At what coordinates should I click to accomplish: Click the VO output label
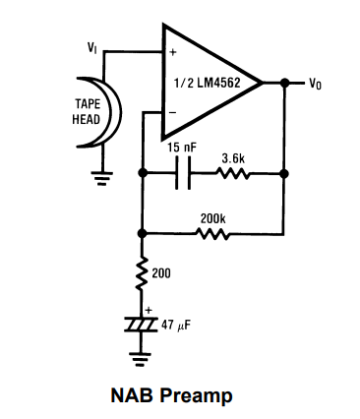(x=315, y=84)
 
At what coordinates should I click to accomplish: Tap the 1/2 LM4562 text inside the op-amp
(x=210, y=83)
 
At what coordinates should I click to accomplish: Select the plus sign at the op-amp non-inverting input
(x=173, y=52)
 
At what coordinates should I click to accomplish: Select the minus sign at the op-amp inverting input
(x=173, y=114)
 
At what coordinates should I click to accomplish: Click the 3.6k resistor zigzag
(x=233, y=175)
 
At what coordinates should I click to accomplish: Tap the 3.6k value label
(x=234, y=156)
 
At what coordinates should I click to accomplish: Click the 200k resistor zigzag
(x=214, y=233)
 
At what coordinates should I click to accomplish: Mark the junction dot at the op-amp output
(x=283, y=83)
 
